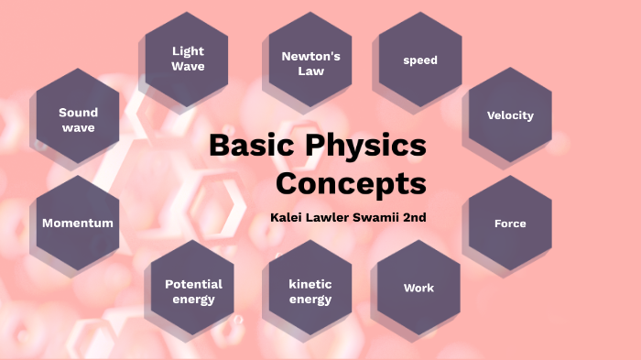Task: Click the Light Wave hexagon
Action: pyautogui.click(x=188, y=59)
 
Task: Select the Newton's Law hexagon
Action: pyautogui.click(x=310, y=62)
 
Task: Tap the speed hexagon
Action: pyautogui.click(x=420, y=60)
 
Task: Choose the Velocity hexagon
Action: pyautogui.click(x=510, y=115)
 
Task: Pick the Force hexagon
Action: pyautogui.click(x=510, y=224)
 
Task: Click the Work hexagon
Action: pyautogui.click(x=418, y=288)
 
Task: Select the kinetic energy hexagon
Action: pyautogui.click(x=310, y=291)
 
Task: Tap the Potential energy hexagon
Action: pyautogui.click(x=193, y=291)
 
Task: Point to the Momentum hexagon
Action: pyautogui.click(x=78, y=223)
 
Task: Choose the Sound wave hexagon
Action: pyautogui.click(x=78, y=120)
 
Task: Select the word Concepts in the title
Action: pyautogui.click(x=352, y=183)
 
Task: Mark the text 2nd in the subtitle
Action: pyautogui.click(x=414, y=218)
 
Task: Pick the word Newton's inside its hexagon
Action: pyautogui.click(x=310, y=56)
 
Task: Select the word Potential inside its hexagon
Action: pyautogui.click(x=193, y=284)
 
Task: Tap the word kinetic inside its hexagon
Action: pyautogui.click(x=310, y=284)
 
